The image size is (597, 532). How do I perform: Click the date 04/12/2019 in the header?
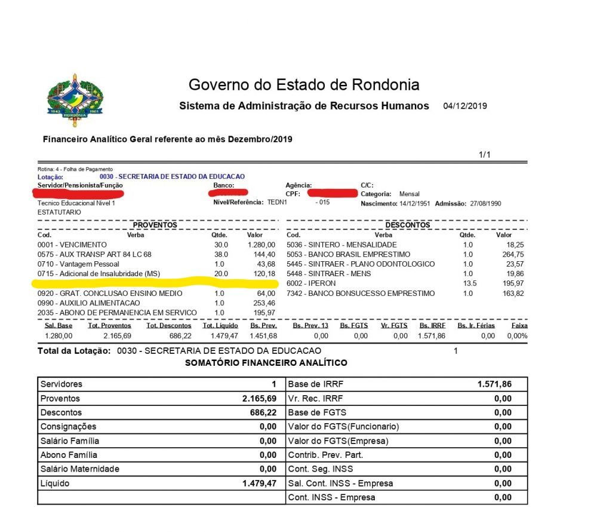click(x=465, y=106)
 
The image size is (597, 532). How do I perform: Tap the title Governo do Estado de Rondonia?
click(x=304, y=84)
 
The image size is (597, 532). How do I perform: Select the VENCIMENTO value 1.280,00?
click(x=261, y=245)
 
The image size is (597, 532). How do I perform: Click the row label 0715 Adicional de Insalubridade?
click(x=99, y=274)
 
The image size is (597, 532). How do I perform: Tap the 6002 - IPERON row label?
click(x=311, y=283)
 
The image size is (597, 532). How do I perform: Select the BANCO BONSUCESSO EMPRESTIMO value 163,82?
click(x=515, y=293)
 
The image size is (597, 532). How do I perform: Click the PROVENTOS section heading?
click(x=155, y=225)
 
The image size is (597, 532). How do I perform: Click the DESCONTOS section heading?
click(x=408, y=225)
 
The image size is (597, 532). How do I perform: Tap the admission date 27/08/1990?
click(x=485, y=204)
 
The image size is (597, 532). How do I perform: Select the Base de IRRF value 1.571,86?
click(x=494, y=384)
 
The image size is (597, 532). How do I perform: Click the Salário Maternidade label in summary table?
click(x=79, y=469)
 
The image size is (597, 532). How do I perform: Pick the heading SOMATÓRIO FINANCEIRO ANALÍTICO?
click(x=266, y=363)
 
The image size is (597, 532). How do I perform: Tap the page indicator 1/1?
click(x=484, y=155)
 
